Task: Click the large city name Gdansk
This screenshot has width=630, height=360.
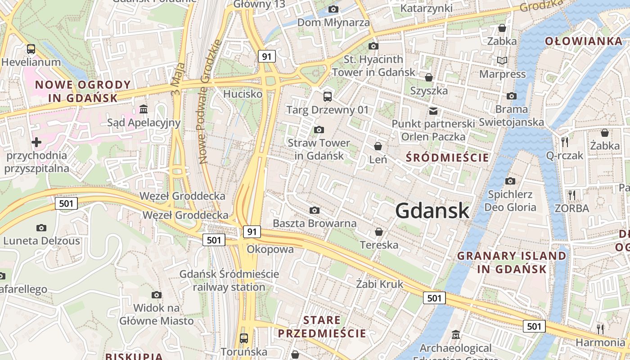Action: click(432, 211)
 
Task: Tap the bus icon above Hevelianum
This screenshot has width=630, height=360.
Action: click(31, 49)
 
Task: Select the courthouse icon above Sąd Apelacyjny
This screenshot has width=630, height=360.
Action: click(144, 109)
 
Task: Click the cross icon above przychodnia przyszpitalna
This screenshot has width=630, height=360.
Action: click(36, 142)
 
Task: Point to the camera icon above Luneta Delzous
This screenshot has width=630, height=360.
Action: click(41, 228)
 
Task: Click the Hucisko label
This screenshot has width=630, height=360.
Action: click(243, 94)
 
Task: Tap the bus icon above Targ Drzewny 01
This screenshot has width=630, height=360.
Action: click(328, 96)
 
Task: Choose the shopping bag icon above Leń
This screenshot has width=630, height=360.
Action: click(378, 146)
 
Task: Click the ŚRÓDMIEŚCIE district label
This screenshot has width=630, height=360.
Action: click(447, 157)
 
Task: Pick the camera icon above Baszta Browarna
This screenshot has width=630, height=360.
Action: click(315, 210)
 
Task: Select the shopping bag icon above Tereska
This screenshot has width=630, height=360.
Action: click(379, 232)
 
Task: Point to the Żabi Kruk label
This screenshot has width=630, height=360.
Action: click(380, 284)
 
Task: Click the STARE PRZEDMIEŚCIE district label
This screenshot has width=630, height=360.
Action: click(322, 327)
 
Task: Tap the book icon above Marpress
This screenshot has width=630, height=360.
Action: click(502, 60)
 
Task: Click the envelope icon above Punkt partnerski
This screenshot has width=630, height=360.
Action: click(433, 111)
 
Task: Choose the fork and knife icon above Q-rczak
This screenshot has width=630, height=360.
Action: click(565, 142)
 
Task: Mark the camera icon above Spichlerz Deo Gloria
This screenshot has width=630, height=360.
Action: click(510, 181)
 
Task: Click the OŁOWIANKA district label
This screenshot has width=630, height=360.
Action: click(583, 41)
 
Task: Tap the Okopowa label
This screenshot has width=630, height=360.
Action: click(270, 249)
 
